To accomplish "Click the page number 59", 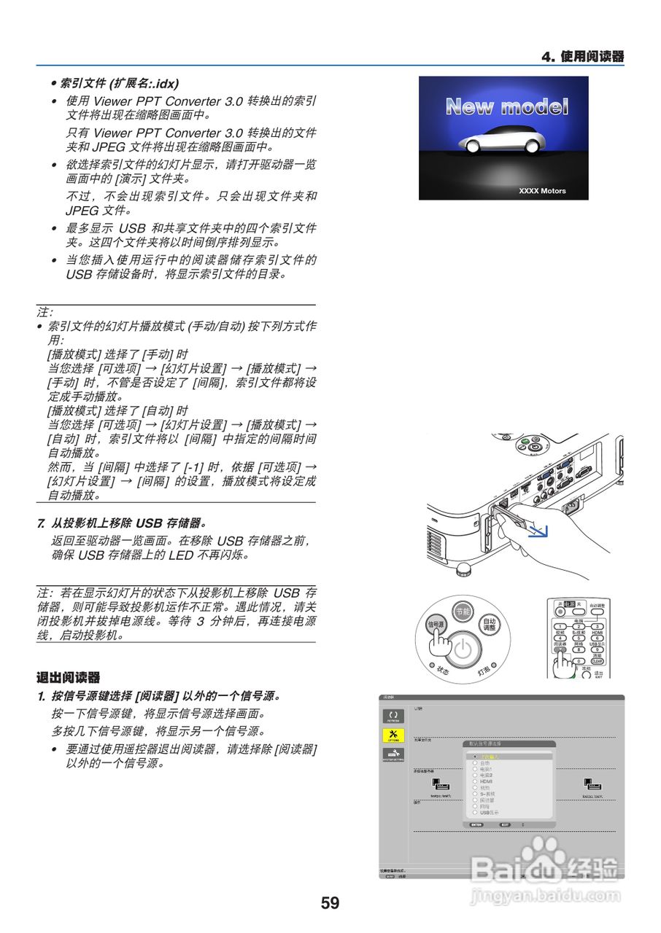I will [330, 903].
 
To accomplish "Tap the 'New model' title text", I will [506, 107].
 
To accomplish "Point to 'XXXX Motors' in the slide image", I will [542, 191].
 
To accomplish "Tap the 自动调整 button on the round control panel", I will [490, 624].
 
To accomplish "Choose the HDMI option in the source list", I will [487, 781].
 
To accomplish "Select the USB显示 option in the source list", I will [490, 812].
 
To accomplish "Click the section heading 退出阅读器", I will [68, 678].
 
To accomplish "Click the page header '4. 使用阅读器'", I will [582, 57].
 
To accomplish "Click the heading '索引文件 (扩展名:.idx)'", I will [118, 83].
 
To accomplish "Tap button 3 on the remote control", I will [597, 626].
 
